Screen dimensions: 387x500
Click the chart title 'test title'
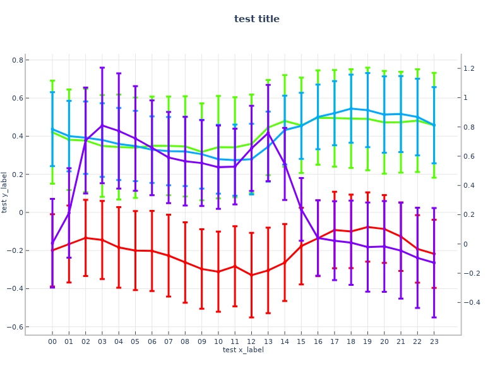[256, 19]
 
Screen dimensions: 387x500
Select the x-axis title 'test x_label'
[243, 350]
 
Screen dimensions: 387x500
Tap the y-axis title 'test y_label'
[5, 192]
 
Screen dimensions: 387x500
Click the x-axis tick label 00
[52, 342]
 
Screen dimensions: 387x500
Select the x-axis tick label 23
[434, 342]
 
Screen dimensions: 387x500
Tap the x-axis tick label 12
[251, 342]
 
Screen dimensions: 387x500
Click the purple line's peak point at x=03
[102, 125]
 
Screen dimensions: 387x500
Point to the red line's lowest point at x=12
[251, 275]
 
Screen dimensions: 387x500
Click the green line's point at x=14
[285, 121]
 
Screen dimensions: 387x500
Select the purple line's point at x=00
[52, 243]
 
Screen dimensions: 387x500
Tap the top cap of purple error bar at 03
[102, 68]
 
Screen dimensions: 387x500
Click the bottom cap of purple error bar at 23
[434, 317]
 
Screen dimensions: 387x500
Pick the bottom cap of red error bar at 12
[251, 317]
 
